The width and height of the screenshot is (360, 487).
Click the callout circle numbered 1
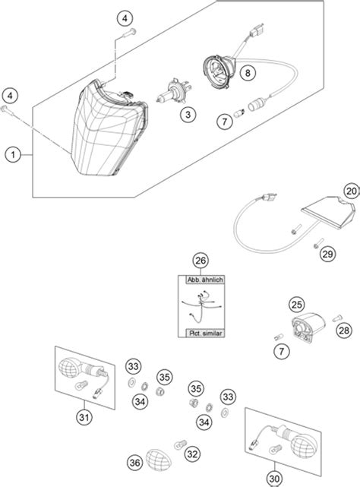[x=13, y=154]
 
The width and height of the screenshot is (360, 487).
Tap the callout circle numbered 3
[x=188, y=115]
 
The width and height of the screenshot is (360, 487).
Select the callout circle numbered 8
[x=248, y=73]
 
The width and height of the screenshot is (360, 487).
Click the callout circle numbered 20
[x=352, y=191]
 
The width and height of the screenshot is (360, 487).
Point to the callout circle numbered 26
[x=201, y=261]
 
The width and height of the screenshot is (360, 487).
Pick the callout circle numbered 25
[x=297, y=305]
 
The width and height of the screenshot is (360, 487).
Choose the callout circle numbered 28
[x=344, y=330]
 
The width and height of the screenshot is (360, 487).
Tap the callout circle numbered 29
[x=327, y=254]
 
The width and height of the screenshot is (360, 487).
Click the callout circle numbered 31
[x=84, y=417]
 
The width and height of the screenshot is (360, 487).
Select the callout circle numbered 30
[x=275, y=479]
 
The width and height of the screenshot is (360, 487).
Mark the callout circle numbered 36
[x=135, y=463]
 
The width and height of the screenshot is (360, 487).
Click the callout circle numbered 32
[x=192, y=454]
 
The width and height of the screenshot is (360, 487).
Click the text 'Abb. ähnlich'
[x=205, y=280]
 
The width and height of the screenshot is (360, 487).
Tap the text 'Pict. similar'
[x=206, y=334]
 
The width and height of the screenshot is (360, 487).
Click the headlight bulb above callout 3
[x=174, y=92]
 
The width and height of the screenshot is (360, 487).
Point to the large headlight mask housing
[x=109, y=128]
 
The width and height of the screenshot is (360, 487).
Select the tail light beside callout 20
[x=328, y=211]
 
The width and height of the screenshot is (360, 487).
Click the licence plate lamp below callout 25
[x=308, y=328]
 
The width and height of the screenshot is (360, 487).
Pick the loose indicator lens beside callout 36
[x=159, y=459]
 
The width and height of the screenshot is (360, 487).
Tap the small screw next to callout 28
[x=337, y=318]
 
